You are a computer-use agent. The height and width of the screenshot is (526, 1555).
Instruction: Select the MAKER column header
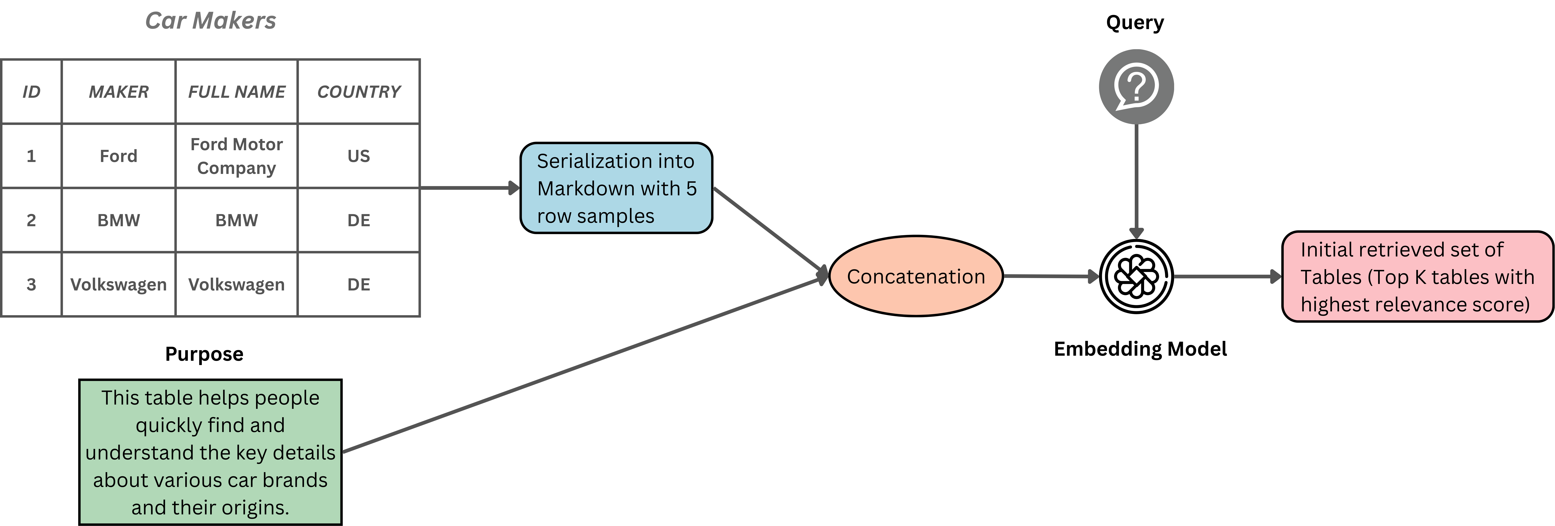118,92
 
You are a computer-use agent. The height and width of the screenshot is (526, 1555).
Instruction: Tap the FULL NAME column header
237,92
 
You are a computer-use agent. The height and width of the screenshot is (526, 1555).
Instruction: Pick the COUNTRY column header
358,92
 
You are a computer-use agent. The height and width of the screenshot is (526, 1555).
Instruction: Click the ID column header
31,92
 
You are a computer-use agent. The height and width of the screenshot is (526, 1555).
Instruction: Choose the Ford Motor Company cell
237,156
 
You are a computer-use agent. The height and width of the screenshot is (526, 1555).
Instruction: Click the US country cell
358,156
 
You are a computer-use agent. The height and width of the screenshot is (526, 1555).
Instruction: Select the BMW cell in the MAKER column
118,221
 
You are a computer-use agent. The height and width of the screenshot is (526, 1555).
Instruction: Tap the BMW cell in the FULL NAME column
237,221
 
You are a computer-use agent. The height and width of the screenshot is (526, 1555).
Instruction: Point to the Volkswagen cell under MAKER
118,284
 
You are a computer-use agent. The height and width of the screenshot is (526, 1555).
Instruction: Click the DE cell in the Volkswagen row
358,284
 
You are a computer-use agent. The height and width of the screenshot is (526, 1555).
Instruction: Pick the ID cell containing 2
31,221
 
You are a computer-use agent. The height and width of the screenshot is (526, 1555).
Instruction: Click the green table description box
210,452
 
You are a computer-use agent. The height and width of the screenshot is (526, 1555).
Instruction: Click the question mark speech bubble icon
1136,86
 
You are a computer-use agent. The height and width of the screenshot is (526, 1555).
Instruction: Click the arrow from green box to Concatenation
579,365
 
